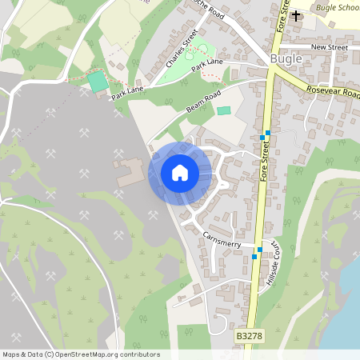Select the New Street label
(x=330, y=47)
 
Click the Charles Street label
(x=182, y=47)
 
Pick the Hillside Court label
(x=274, y=263)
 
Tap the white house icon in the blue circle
(x=180, y=173)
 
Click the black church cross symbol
(x=296, y=15)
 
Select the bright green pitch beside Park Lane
(x=98, y=82)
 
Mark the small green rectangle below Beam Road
(x=223, y=110)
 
